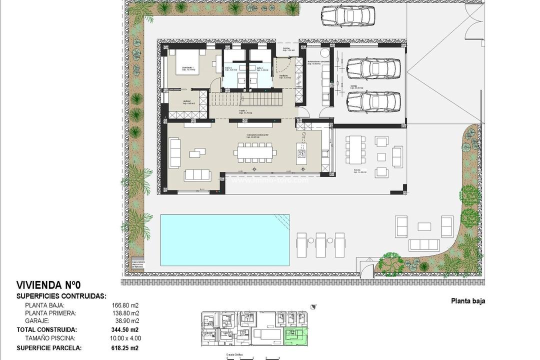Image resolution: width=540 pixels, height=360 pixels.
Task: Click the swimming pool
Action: coord(224,240)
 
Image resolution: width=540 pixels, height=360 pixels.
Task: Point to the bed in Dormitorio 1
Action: coord(186,62)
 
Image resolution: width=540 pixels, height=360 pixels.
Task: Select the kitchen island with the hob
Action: coord(302,150)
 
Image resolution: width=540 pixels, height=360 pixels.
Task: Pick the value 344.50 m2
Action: coord(124,330)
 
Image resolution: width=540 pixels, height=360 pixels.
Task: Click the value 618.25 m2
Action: coord(124,348)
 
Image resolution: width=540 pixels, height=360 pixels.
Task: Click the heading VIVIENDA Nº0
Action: coord(48,285)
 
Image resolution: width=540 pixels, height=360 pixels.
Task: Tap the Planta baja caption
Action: coord(468,301)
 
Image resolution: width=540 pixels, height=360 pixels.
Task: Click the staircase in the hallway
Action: coord(245,99)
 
